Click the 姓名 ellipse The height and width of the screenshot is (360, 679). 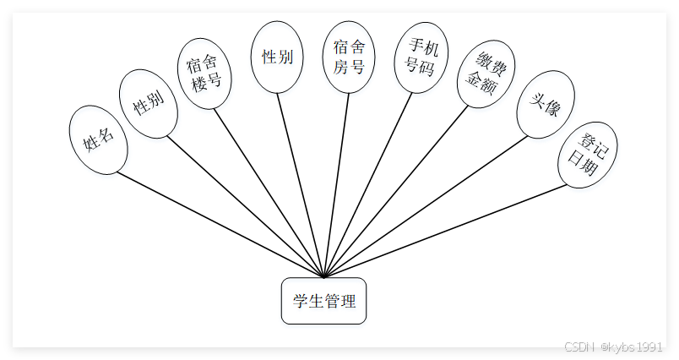[x=98, y=139]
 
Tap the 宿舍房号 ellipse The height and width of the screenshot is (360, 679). [x=349, y=57]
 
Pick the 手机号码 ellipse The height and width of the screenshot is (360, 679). [x=421, y=57]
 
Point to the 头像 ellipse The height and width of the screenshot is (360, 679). [x=545, y=104]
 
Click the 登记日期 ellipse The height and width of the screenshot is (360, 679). [x=587, y=154]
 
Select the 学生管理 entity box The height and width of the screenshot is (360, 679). [x=323, y=301]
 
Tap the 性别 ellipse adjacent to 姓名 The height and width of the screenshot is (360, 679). [x=149, y=104]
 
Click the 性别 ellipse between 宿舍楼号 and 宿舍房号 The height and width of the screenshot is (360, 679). [x=277, y=57]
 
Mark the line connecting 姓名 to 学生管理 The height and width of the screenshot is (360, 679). [x=220, y=224]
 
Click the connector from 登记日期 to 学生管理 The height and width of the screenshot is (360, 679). [x=448, y=230]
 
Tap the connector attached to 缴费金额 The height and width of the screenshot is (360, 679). [x=397, y=190]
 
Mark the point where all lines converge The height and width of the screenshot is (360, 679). [x=324, y=276]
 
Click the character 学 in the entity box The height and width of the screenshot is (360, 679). [x=300, y=301]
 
